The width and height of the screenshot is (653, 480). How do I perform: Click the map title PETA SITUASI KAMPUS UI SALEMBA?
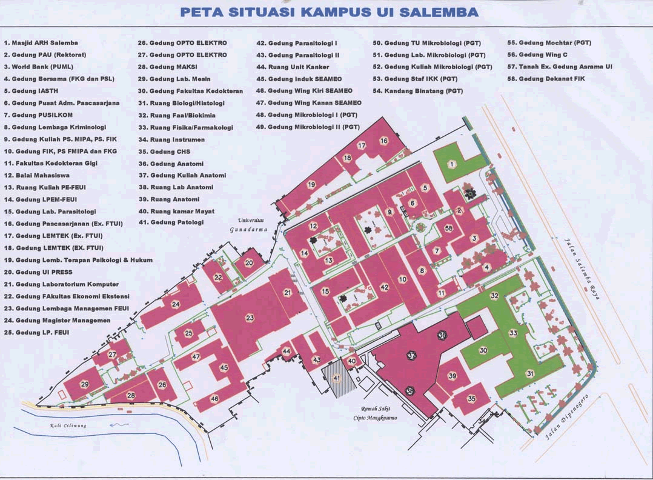pyautogui.click(x=329, y=13)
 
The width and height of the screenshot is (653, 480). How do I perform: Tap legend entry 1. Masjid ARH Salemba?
pyautogui.click(x=41, y=43)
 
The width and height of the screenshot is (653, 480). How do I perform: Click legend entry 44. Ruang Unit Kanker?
pyautogui.click(x=299, y=67)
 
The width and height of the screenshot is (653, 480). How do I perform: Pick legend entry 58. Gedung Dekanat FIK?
pyautogui.click(x=546, y=79)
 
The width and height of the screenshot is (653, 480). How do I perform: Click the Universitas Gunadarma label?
pyautogui.click(x=248, y=225)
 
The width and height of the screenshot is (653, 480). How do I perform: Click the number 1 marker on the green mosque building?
pyautogui.click(x=451, y=164)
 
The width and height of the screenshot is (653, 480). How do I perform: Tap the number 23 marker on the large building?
pyautogui.click(x=250, y=318)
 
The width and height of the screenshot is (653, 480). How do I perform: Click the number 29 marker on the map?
pyautogui.click(x=85, y=384)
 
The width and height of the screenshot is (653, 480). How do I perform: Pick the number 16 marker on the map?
pyautogui.click(x=383, y=141)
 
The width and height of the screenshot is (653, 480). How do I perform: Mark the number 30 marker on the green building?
pyautogui.click(x=483, y=350)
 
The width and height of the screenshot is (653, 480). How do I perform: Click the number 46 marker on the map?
pyautogui.click(x=214, y=398)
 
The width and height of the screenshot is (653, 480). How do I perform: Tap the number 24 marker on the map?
pyautogui.click(x=175, y=304)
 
